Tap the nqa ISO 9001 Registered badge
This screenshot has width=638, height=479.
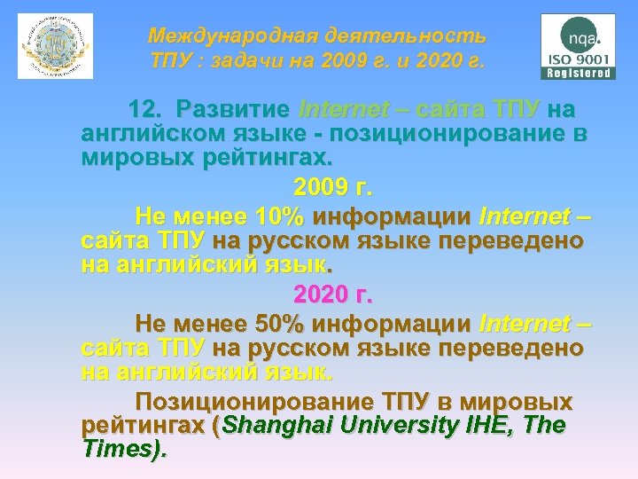click(x=577, y=46)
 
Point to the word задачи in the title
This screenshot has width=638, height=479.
click(x=265, y=63)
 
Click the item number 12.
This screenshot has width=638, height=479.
click(x=146, y=110)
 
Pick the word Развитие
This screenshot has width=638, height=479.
click(x=233, y=110)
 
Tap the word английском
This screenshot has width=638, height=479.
click(x=142, y=135)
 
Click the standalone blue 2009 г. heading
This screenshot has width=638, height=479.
click(x=333, y=189)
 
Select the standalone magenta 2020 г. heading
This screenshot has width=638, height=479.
click(x=333, y=293)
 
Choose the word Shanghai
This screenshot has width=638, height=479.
click(x=276, y=426)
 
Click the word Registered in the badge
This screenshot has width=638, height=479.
click(x=577, y=74)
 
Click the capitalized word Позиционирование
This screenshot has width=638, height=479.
click(x=258, y=402)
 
